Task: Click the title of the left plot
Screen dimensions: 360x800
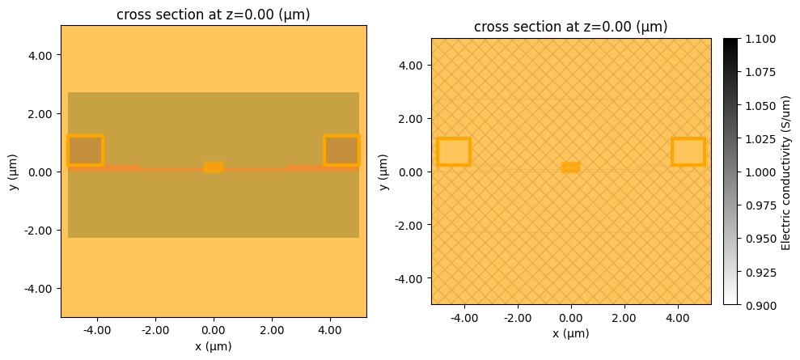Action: pyautogui.click(x=214, y=15)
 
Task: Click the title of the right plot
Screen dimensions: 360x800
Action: pyautogui.click(x=570, y=27)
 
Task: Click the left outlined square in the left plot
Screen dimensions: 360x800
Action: pyautogui.click(x=85, y=150)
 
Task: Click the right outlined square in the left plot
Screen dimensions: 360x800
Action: pyautogui.click(x=341, y=150)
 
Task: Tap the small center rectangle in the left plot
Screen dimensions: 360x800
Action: pyautogui.click(x=214, y=167)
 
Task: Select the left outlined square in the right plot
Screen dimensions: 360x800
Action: pyautogui.click(x=454, y=152)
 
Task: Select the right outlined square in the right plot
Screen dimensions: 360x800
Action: pyautogui.click(x=688, y=152)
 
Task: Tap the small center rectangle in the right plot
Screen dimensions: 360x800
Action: pyautogui.click(x=571, y=167)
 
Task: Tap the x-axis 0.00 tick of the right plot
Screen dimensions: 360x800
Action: pyautogui.click(x=571, y=318)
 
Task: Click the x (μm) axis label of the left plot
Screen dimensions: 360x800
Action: pyautogui.click(x=214, y=346)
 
